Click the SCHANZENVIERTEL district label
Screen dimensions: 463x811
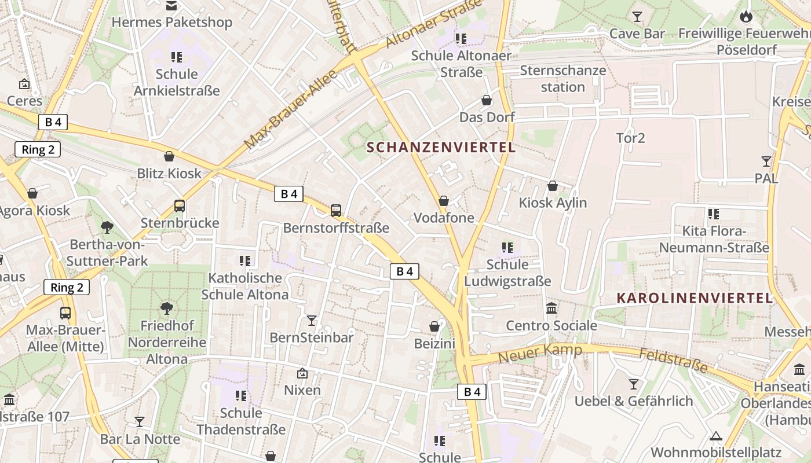tap(441, 147)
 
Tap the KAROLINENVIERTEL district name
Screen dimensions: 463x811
tap(695, 298)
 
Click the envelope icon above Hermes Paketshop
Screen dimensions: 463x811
tap(171, 6)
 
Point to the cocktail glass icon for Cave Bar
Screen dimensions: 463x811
tap(637, 16)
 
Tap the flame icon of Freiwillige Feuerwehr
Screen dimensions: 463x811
tap(746, 16)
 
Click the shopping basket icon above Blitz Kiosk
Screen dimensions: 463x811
tap(169, 156)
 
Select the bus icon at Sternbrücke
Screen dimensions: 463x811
tap(180, 206)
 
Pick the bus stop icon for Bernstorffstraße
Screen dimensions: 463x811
tap(336, 211)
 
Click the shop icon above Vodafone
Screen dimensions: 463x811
tap(444, 201)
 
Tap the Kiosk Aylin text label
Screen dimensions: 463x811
tap(553, 203)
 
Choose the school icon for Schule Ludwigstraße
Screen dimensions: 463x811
tap(507, 248)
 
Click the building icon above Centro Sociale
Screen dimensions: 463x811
tap(551, 308)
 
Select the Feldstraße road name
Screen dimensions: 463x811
tap(673, 359)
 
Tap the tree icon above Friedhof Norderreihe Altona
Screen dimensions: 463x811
tap(167, 308)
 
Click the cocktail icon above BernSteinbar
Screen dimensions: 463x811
tap(312, 320)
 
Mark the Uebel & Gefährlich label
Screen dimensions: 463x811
tap(633, 401)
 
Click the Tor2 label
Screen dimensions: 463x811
tap(630, 138)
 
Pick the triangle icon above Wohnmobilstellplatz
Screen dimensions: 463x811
tap(716, 436)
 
